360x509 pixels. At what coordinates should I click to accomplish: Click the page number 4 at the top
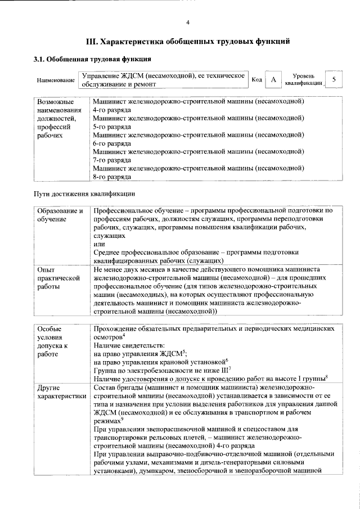188,22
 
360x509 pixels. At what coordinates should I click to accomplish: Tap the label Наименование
56,80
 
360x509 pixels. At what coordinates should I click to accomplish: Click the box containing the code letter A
273,80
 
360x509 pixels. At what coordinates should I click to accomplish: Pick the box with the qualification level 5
334,80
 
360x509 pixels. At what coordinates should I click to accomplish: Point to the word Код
256,80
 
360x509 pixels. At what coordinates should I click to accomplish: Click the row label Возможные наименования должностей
56,119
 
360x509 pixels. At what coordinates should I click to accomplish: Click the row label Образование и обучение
60,214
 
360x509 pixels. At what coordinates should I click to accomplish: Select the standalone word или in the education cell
98,244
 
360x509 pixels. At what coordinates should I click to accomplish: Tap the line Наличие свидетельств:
129,344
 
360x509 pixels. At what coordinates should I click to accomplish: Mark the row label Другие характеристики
61,392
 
